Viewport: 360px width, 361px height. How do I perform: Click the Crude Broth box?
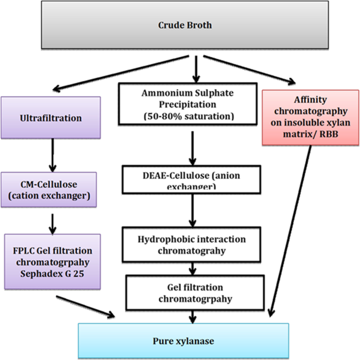coord(180,25)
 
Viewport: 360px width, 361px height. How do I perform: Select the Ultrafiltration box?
coord(50,118)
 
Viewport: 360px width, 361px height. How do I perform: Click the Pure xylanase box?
coord(183,341)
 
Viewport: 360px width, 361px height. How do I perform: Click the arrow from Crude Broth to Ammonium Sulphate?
coord(195,67)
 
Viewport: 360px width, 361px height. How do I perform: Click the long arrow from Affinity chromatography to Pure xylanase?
coord(292,231)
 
